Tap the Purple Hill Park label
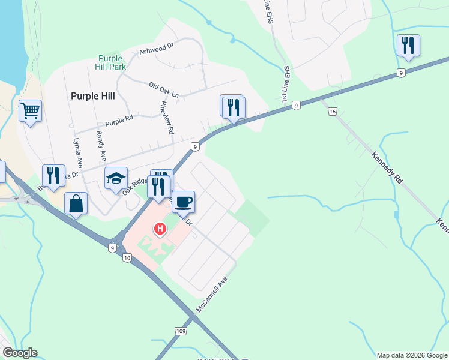tap(112, 62)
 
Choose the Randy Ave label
tap(101, 147)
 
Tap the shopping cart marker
tap(30, 110)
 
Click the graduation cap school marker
tap(116, 178)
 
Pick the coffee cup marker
tap(184, 201)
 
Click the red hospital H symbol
tap(160, 229)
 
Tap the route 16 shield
tap(333, 112)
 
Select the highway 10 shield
tap(127, 258)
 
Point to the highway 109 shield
tap(181, 331)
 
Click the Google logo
tap(20, 353)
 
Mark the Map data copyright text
tap(411, 355)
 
